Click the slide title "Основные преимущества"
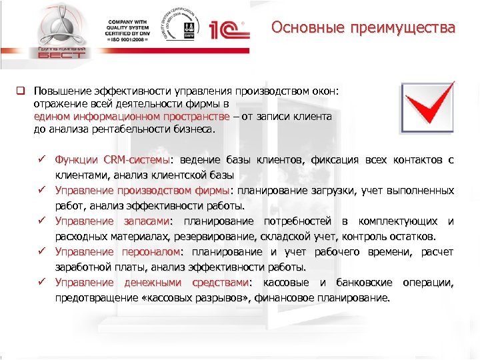pyautogui.click(x=363, y=29)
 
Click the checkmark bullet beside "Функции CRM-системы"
pyautogui.click(x=41, y=160)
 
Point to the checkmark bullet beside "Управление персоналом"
pyautogui.click(x=41, y=252)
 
